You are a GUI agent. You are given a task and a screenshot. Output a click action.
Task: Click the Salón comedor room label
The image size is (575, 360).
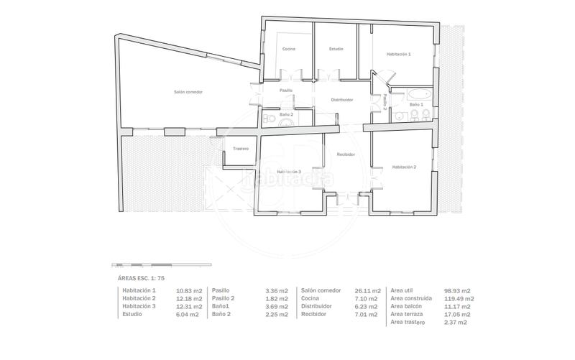(188, 92)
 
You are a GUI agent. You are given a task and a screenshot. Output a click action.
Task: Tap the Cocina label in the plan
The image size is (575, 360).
(289, 49)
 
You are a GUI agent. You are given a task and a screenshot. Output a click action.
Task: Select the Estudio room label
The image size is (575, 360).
(336, 49)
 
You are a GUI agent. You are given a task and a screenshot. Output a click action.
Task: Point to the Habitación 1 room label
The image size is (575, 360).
(398, 54)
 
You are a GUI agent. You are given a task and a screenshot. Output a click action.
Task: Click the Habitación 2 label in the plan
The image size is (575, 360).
(404, 167)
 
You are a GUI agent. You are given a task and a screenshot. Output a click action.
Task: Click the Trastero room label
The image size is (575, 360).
(240, 149)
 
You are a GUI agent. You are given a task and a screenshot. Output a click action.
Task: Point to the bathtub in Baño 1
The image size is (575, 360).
(418, 93)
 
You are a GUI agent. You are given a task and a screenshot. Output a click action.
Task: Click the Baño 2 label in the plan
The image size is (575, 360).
(286, 114)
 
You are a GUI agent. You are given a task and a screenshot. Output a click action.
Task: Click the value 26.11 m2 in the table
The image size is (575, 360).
(367, 290)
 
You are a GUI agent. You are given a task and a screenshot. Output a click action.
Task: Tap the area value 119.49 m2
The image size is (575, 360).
(459, 298)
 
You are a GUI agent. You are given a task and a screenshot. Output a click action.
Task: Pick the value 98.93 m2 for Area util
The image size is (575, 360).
(458, 290)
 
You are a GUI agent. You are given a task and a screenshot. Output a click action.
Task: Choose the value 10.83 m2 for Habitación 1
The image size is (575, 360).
(188, 290)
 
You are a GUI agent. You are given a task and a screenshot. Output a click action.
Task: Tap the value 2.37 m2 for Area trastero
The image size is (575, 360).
(456, 323)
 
